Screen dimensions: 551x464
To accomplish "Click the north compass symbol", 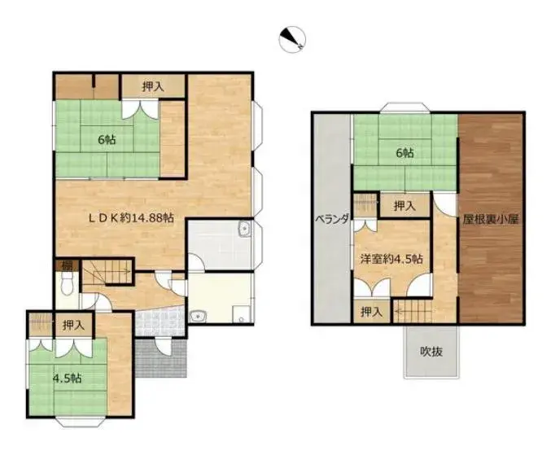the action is [x=292, y=39].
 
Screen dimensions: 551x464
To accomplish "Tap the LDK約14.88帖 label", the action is [x=131, y=218].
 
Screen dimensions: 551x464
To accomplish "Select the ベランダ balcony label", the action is [x=332, y=219].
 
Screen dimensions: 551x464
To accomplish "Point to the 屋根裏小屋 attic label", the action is [x=491, y=219].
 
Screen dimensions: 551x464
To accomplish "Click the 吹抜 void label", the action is [x=431, y=352].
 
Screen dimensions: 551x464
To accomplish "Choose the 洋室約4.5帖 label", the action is [x=391, y=259].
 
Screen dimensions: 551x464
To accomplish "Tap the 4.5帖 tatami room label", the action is [x=67, y=379].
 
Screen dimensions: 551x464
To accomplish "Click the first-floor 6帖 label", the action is [x=107, y=139].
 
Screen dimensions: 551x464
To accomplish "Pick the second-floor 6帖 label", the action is [x=405, y=152].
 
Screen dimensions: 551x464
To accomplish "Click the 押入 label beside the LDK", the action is [x=153, y=86].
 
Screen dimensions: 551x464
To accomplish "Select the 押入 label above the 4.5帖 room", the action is [x=73, y=325].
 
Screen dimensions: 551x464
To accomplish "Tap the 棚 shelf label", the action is [x=66, y=265].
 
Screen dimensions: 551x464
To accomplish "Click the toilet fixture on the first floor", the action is [x=66, y=285].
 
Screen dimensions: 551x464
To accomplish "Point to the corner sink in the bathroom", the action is [x=244, y=229].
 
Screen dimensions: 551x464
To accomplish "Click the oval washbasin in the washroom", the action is [x=198, y=317].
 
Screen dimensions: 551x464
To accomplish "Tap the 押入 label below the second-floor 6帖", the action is [x=405, y=206].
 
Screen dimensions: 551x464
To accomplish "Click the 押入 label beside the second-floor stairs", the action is [x=371, y=312].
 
